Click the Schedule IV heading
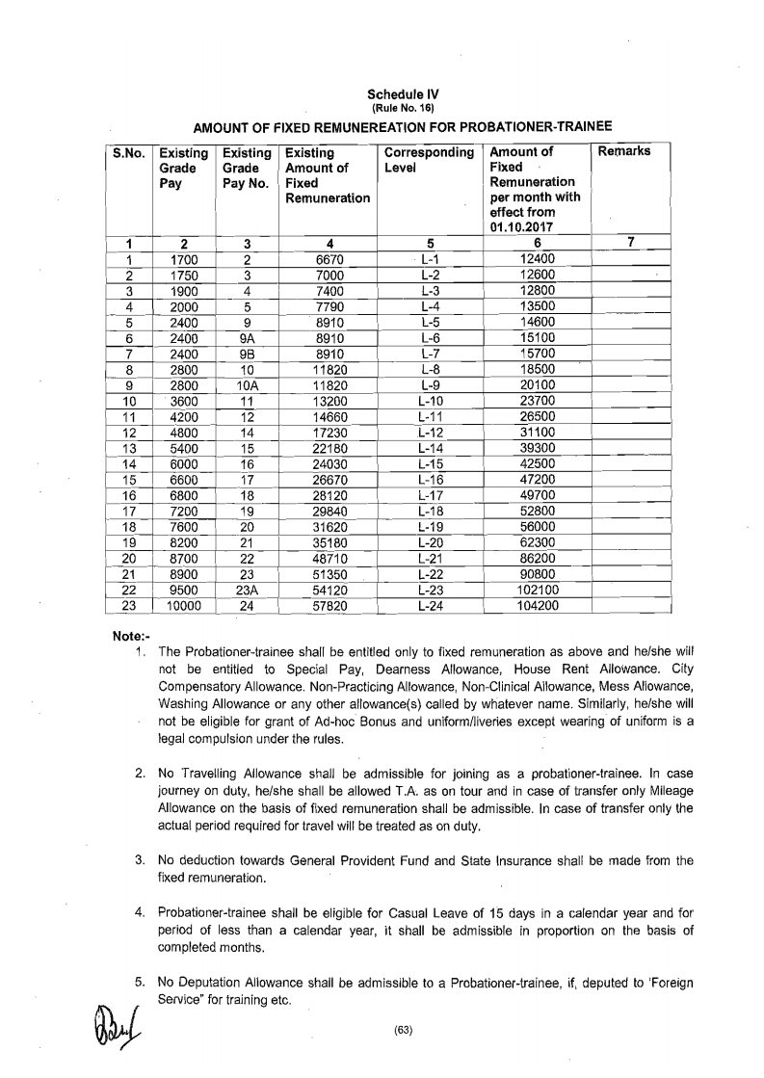click(395, 94)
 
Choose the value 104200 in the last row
click(539, 605)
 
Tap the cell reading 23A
click(247, 590)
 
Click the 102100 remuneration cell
click(539, 590)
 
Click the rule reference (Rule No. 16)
click(395, 109)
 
